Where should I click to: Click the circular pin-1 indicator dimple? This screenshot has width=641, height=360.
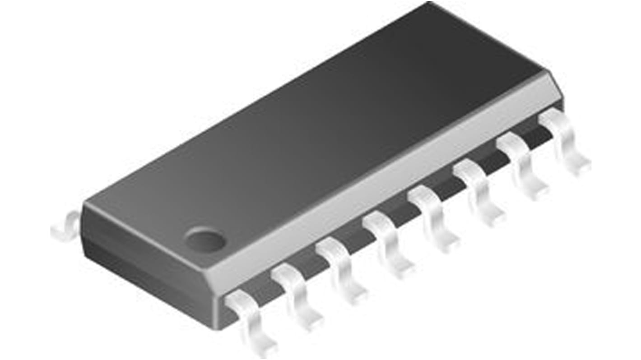click(x=205, y=239)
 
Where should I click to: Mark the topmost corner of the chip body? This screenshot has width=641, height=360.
click(x=429, y=4)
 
